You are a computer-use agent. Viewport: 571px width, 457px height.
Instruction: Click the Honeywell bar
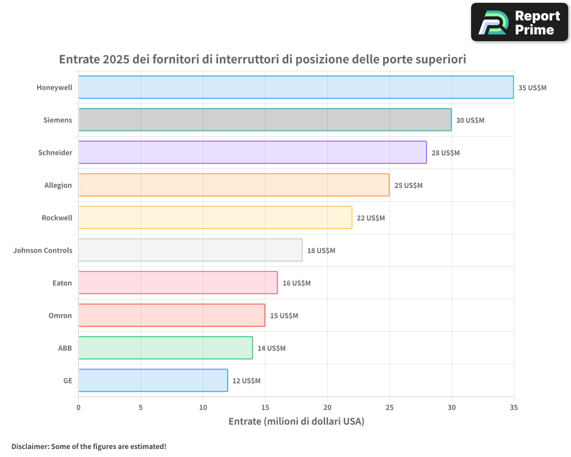point(296,87)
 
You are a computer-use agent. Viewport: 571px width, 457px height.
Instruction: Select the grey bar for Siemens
point(265,120)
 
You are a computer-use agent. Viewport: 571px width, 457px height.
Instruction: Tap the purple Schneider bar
point(252,153)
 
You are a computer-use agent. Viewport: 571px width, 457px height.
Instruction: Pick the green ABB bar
point(166,348)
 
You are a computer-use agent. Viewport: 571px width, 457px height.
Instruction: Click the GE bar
point(153,380)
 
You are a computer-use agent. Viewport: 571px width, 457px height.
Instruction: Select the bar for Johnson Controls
point(190,250)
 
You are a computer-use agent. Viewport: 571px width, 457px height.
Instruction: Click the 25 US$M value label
point(408,186)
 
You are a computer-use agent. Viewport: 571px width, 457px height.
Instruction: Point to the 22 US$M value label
point(371,218)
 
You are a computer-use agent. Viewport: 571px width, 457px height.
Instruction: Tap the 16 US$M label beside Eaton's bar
point(296,283)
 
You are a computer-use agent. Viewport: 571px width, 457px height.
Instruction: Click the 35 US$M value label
point(532,88)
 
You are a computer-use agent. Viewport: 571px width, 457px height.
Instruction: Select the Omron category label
point(60,316)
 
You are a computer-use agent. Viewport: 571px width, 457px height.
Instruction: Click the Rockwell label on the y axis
point(57,218)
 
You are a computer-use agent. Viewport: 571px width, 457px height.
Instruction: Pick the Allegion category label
point(58,186)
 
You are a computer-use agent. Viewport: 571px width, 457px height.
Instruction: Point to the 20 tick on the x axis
point(327,407)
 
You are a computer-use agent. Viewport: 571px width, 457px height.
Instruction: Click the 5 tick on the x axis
point(140,407)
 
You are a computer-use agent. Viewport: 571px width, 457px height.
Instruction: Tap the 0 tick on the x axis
point(79,407)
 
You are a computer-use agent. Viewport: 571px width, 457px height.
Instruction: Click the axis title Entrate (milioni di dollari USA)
point(296,422)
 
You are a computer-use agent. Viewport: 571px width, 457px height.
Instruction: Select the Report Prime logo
point(519,22)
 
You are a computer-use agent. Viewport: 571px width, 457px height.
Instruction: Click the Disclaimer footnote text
point(89,446)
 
